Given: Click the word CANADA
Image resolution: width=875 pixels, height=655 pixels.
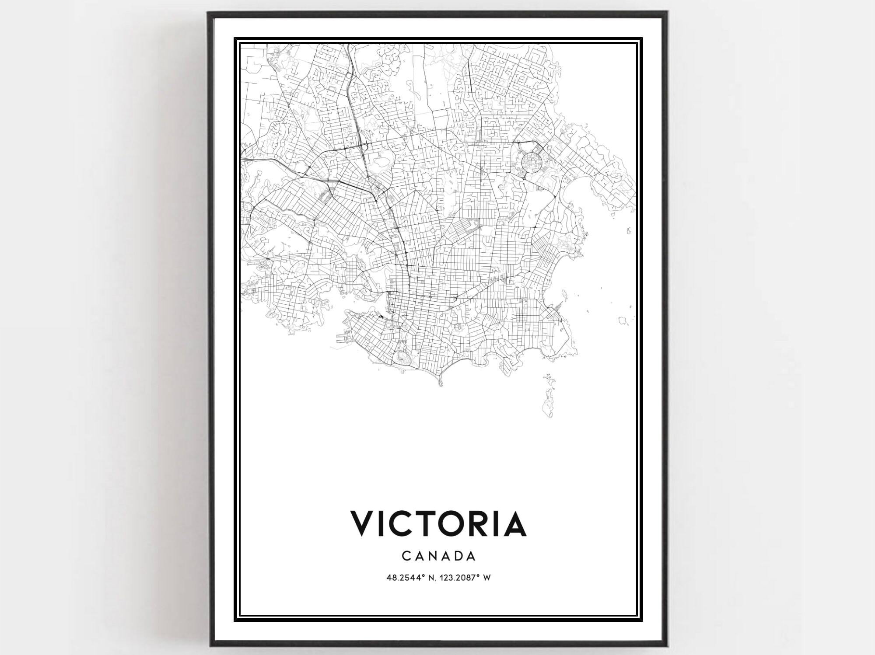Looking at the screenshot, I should click(x=438, y=556).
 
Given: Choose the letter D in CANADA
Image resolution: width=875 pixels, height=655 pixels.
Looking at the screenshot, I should click(x=457, y=556).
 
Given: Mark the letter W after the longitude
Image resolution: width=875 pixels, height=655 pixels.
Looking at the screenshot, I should click(x=486, y=578).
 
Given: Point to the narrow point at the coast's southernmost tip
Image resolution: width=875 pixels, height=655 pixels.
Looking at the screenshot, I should click(x=441, y=383).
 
